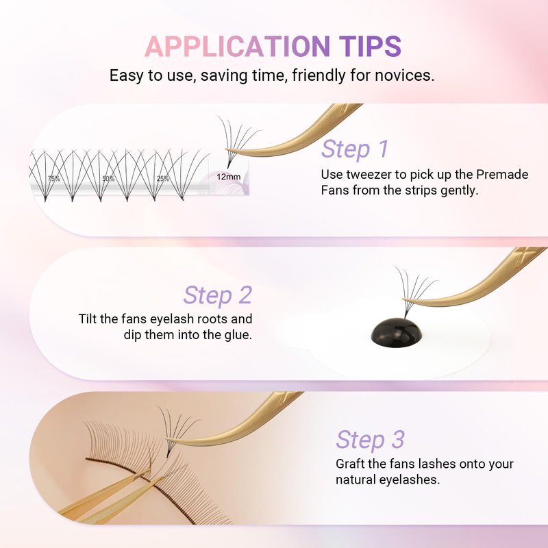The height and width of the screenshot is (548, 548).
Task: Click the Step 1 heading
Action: click(355, 149)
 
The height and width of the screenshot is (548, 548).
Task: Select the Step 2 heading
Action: click(217, 295)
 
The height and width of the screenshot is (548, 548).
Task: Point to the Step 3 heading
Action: click(371, 439)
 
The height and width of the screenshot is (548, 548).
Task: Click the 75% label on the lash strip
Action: click(54, 179)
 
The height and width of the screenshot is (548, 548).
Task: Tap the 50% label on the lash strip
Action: click(108, 179)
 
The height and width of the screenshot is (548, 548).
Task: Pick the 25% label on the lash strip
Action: click(163, 179)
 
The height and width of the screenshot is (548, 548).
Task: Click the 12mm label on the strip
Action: click(229, 177)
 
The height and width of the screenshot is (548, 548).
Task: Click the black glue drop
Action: click(397, 331)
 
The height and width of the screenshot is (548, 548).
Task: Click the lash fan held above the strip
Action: click(238, 140)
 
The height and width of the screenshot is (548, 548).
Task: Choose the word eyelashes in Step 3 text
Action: click(416, 480)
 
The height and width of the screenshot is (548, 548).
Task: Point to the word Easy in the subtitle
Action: click(127, 76)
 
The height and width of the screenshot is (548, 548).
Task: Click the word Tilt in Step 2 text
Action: click(88, 319)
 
